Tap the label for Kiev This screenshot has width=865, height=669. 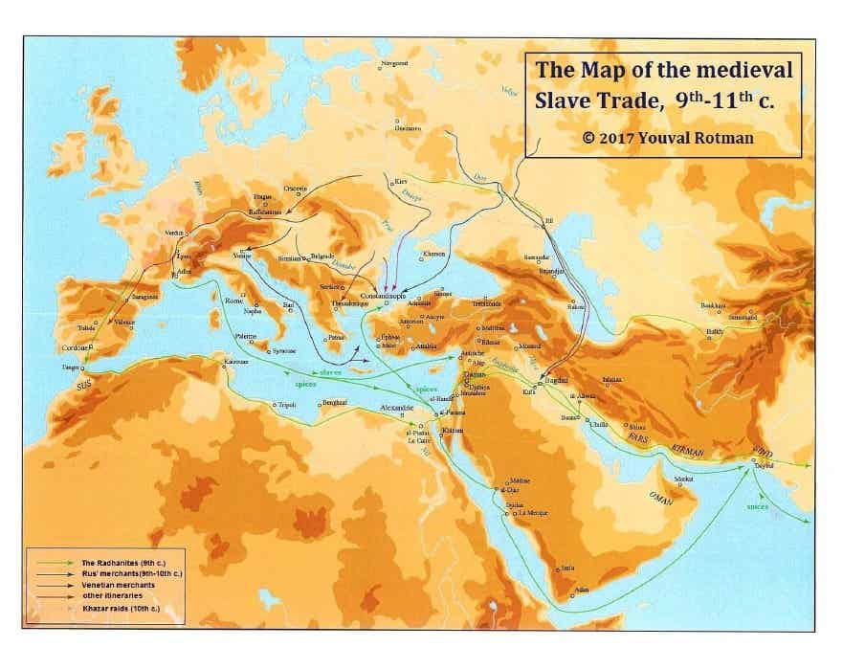click(x=401, y=180)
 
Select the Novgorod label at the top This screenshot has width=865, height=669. click(x=394, y=63)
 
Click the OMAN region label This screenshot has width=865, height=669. click(x=661, y=497)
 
